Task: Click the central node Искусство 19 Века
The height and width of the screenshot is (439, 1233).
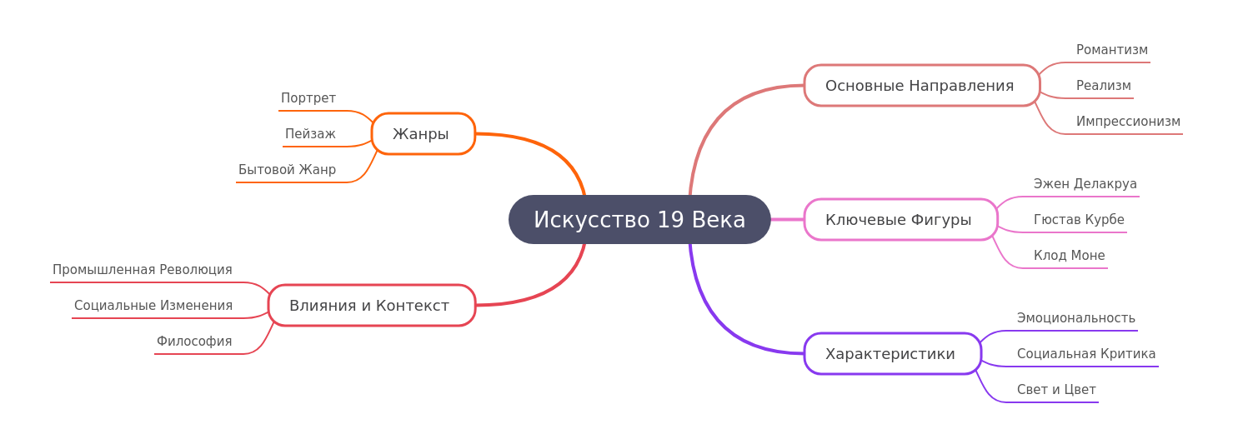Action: point(639,220)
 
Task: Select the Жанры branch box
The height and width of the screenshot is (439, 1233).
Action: point(424,133)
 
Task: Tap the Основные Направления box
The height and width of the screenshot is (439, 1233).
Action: point(922,85)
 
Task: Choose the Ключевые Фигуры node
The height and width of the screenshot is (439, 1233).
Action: point(900,220)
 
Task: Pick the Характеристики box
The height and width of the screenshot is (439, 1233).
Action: point(892,354)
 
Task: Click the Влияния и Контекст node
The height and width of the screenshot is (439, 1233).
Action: point(372,306)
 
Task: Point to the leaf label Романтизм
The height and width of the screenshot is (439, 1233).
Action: point(1112,49)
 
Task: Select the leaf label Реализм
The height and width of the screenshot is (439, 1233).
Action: point(1104,85)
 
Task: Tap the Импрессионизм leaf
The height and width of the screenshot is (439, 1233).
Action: point(1129,121)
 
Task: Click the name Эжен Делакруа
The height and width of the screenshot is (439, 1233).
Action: point(1085,184)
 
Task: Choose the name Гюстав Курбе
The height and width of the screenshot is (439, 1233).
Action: point(1079,220)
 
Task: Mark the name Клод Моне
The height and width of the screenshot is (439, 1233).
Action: point(1069,255)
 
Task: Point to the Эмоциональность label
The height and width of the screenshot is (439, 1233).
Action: point(1075,318)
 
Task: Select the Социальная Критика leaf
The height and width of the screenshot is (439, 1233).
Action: point(1086,354)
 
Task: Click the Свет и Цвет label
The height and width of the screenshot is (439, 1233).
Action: point(1056,390)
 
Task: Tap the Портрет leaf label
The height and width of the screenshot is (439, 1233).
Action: point(308,98)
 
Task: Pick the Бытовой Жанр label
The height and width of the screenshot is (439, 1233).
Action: point(287,169)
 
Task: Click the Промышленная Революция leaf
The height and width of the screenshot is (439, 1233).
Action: point(142,270)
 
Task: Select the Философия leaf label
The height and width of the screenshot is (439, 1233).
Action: point(193,341)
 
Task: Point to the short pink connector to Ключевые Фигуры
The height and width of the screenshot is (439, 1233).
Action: point(787,220)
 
